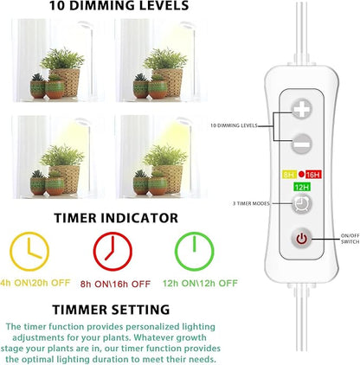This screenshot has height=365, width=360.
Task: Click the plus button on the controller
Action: (x=302, y=109)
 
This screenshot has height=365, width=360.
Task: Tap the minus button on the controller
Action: (x=302, y=144)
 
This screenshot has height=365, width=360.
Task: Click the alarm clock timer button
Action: (x=302, y=204)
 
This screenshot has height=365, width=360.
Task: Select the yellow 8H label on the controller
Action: (x=289, y=175)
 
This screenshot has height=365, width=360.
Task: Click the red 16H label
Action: (x=313, y=175)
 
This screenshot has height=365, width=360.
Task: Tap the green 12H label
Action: (x=302, y=188)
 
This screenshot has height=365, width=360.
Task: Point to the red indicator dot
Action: (x=301, y=174)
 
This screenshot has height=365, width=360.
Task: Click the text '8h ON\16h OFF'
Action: (x=115, y=284)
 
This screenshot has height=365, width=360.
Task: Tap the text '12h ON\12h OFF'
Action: (x=200, y=283)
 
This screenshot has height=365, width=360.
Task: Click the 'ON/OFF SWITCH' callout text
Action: (x=350, y=239)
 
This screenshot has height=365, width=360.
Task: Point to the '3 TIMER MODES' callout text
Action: (x=251, y=203)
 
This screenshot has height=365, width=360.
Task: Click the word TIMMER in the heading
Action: (x=80, y=310)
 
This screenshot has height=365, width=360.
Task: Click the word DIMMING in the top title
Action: (x=106, y=5)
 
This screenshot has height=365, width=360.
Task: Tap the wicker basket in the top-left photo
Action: (x=66, y=82)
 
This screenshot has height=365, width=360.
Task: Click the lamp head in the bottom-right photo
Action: (x=183, y=120)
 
